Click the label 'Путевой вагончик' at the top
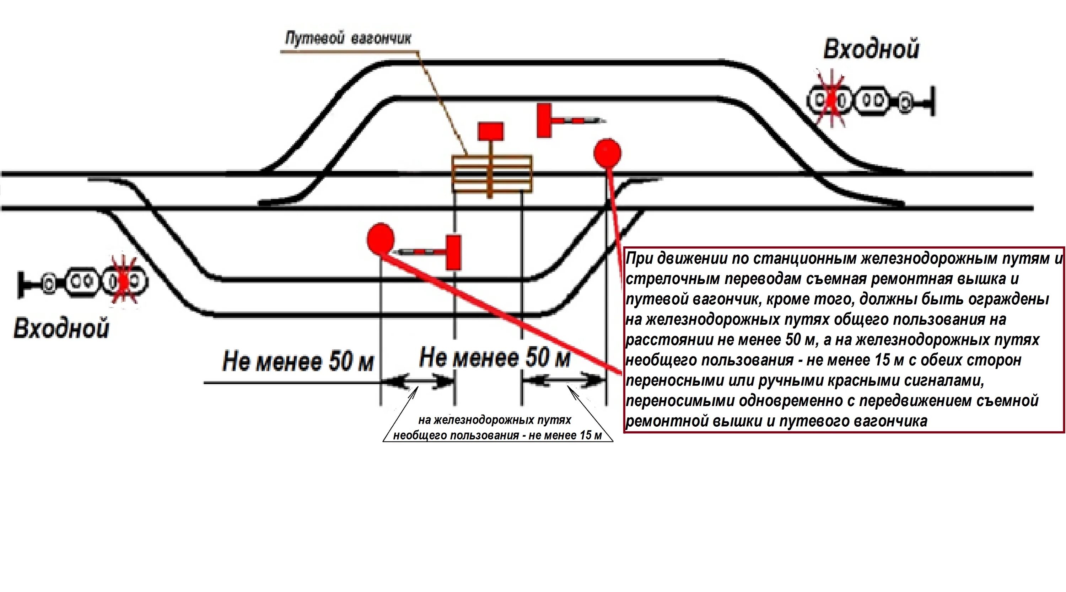pos(348,39)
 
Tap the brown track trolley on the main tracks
pos(492,174)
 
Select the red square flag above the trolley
pos(491,131)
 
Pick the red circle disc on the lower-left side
pos(380,239)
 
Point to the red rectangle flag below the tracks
pos(453,252)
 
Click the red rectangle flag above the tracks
pos(544,120)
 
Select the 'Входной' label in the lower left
pos(61,328)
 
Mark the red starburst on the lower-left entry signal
pos(124,282)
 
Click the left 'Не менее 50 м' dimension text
pos(298,361)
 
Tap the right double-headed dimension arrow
pos(563,380)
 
